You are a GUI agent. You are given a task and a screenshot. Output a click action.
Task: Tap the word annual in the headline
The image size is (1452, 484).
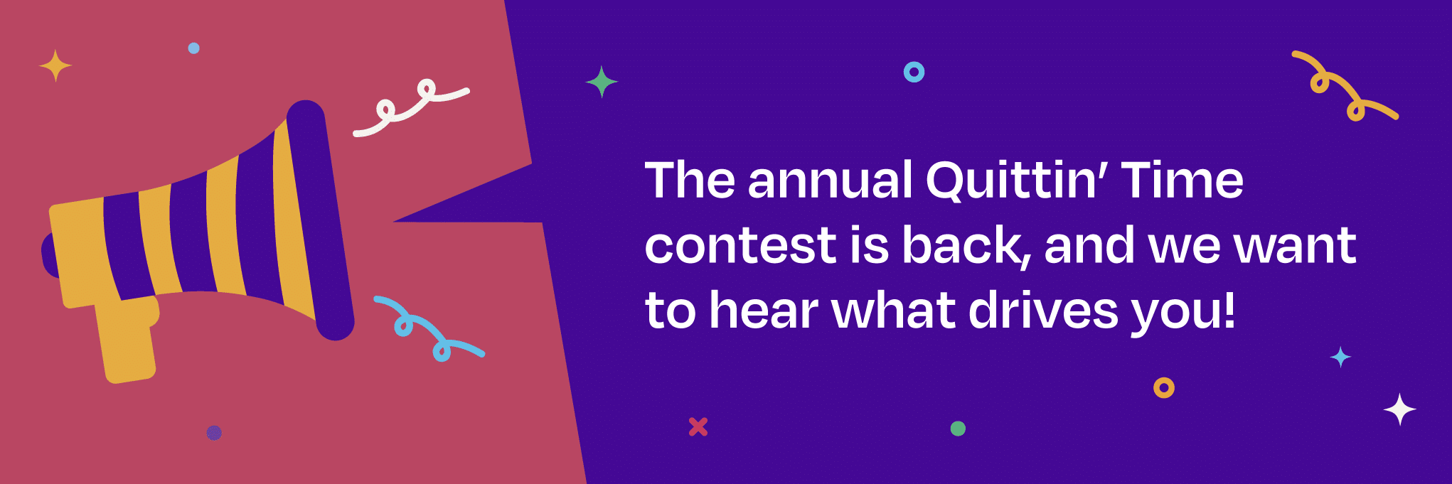[x=830, y=181]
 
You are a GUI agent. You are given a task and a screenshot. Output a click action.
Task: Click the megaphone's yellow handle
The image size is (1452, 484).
[x=128, y=341]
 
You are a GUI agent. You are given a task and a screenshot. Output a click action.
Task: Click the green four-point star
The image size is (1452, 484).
[x=602, y=82]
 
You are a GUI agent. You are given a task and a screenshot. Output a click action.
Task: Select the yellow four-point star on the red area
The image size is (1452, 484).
[x=55, y=66]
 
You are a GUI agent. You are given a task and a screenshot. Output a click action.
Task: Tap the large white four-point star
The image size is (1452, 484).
[x=1399, y=409]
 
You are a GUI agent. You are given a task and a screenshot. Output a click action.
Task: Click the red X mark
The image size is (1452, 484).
[x=698, y=426]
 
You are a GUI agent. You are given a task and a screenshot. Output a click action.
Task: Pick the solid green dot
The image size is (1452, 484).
[x=958, y=429]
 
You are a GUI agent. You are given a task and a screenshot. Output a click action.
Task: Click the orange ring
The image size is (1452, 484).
[x=1163, y=387]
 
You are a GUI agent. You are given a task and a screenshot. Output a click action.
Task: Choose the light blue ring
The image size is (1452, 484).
[x=914, y=72]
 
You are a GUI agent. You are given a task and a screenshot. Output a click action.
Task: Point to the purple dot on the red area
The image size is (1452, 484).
[x=214, y=432]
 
